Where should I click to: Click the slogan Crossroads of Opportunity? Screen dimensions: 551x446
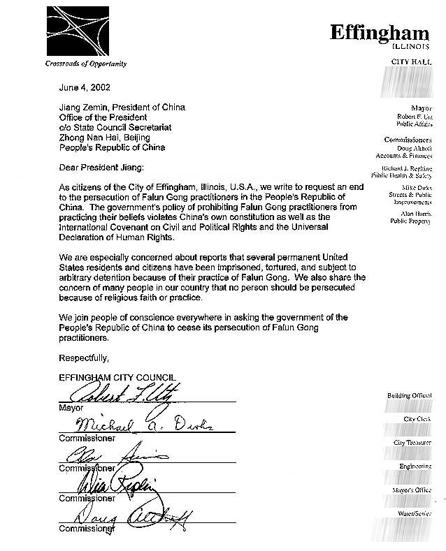pos(86,64)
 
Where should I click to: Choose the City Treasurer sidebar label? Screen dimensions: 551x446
pos(412,443)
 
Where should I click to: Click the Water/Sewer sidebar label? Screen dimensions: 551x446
pos(415,513)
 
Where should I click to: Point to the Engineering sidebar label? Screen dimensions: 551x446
pos(415,466)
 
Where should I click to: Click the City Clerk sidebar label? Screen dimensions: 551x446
pos(417,419)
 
